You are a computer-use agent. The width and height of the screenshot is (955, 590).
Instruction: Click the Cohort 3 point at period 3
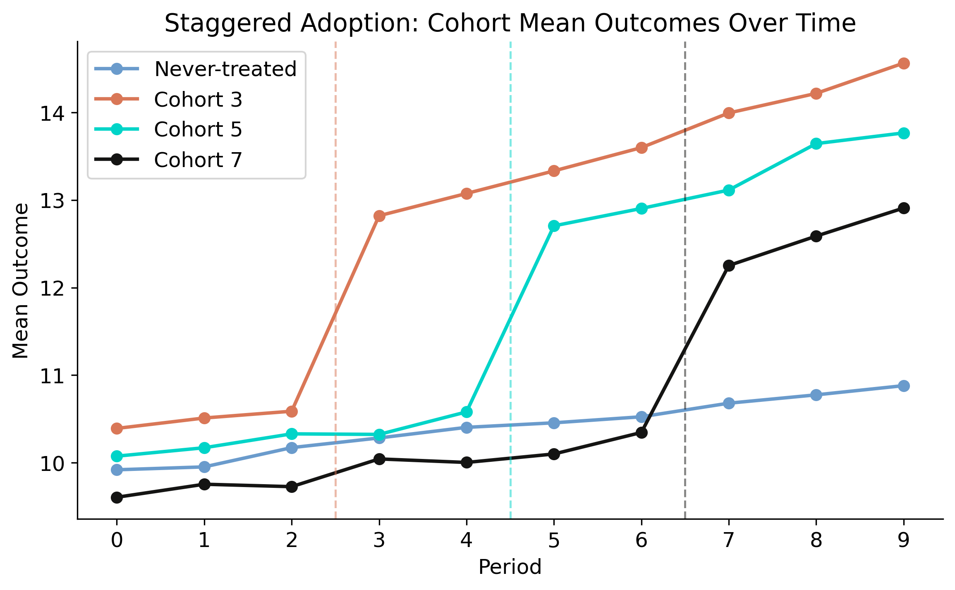[379, 216]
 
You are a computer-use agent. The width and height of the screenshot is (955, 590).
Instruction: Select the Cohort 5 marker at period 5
[554, 226]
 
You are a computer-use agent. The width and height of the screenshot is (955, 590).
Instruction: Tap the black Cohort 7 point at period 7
[729, 265]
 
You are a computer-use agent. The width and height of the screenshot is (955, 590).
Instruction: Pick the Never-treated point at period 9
[904, 386]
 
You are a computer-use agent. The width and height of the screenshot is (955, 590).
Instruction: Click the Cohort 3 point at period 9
[904, 63]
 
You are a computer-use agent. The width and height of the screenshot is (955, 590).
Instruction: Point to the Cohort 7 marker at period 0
[117, 497]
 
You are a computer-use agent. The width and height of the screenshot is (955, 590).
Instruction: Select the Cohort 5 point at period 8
[816, 143]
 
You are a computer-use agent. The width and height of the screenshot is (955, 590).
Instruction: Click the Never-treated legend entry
[225, 69]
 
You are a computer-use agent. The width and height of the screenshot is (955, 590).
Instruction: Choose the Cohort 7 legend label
[198, 160]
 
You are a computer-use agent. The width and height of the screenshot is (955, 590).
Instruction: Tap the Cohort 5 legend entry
[198, 129]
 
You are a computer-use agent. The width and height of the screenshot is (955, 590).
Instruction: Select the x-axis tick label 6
[641, 540]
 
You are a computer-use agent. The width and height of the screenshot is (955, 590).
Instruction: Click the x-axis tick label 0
[117, 540]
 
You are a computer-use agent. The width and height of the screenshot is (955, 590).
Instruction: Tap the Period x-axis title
[510, 567]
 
